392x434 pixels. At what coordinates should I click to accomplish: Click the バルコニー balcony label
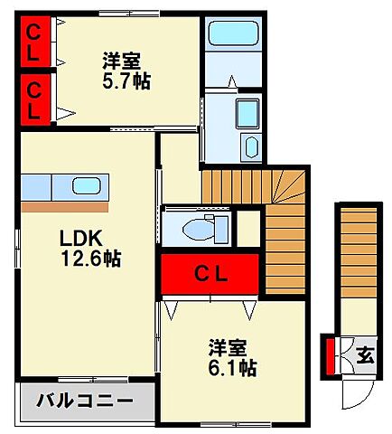85,401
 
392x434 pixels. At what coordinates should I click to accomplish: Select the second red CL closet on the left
33,100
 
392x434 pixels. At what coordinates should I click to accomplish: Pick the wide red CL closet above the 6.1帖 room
212,272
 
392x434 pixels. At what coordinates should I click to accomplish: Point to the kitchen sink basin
89,186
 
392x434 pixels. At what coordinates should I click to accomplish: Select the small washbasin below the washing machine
250,148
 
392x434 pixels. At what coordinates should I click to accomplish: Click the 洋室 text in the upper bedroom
121,61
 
